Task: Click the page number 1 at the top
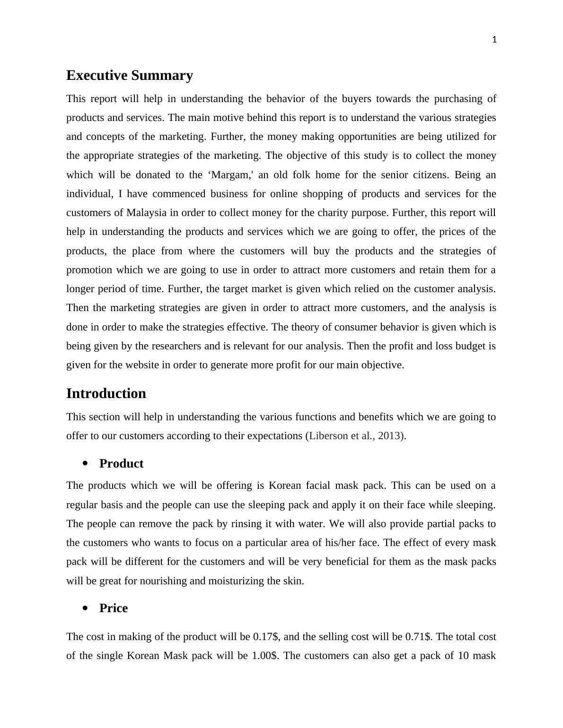click(494, 40)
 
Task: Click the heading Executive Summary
click(130, 76)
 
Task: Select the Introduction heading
click(106, 394)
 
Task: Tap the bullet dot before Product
click(85, 464)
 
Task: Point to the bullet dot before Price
click(85, 608)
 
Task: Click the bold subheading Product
click(121, 464)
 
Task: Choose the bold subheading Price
click(114, 608)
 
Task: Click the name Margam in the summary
click(229, 175)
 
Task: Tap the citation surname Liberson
click(328, 436)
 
